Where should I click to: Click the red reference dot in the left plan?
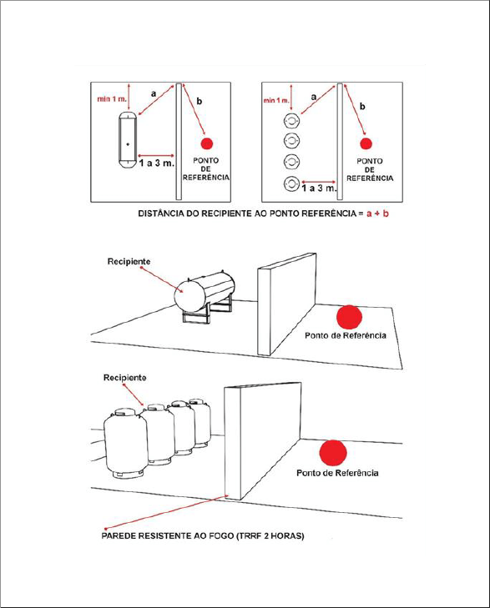point(207,143)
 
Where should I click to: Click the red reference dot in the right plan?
point(366,143)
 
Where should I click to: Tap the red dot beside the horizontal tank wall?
point(349,317)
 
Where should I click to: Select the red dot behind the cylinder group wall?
point(333,453)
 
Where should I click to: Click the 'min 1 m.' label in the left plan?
point(112,99)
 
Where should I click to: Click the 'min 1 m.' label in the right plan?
point(276,100)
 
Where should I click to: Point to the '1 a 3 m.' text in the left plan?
point(157,163)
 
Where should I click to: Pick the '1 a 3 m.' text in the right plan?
point(319,188)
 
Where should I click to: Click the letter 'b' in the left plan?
point(199,101)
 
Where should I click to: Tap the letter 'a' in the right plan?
point(314,97)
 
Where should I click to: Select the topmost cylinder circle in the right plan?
point(291,121)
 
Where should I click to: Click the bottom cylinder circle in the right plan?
point(291,183)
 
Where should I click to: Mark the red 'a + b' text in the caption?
point(377,214)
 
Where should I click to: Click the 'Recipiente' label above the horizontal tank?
point(129,261)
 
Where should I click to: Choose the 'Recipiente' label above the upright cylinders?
point(124,377)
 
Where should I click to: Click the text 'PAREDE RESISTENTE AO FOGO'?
point(168,536)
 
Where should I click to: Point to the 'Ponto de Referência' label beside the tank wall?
point(346,335)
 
